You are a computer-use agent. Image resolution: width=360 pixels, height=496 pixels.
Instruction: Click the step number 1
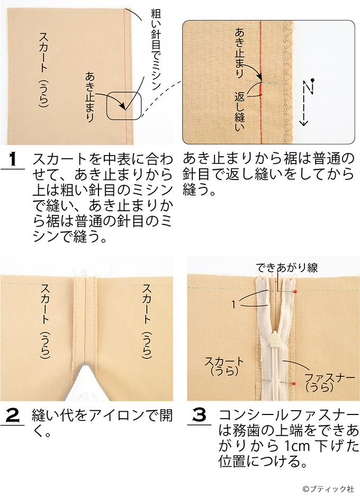coord(13,159)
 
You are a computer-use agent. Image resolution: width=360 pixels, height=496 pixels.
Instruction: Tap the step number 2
coord(13,416)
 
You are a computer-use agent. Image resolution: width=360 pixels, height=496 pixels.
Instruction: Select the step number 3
coord(199,416)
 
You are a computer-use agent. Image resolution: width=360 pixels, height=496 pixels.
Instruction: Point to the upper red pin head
coord(295,291)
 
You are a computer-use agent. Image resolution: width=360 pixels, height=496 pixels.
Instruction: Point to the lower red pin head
coord(294,383)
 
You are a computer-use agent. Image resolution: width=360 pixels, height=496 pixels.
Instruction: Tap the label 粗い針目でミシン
coord(156,50)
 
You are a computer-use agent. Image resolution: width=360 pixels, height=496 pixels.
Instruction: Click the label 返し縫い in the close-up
coord(239,111)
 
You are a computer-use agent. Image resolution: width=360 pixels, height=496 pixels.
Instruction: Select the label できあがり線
coord(286,268)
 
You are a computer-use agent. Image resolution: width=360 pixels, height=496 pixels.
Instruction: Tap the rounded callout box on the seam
coord(124,105)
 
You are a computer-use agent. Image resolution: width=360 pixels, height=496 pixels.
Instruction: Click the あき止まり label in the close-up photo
coord(239,53)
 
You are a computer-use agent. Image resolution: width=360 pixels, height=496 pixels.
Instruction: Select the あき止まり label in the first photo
coord(89,97)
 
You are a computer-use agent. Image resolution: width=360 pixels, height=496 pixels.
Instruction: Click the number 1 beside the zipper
coord(234,304)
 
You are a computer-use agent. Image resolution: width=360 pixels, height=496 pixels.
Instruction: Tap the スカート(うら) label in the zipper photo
coord(224,366)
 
